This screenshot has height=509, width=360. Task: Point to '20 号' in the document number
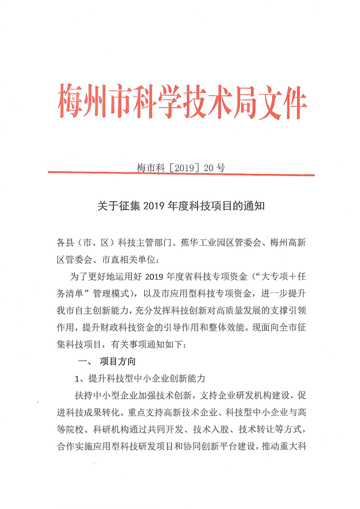[214, 167]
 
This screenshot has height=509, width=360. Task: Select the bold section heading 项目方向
[117, 362]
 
